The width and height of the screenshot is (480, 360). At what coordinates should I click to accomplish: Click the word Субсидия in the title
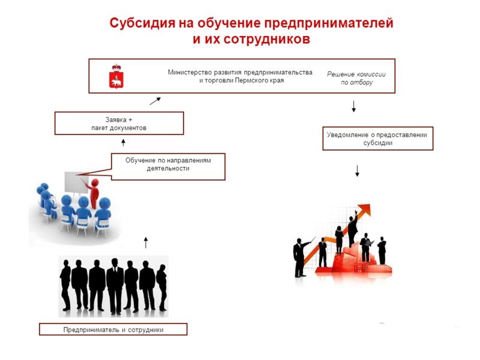(x=142, y=23)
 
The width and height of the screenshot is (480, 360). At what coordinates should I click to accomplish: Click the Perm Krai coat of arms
(x=116, y=77)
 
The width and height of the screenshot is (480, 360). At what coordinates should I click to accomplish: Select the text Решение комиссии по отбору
(x=356, y=78)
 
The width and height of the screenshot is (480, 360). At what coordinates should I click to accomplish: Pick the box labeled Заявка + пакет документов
(x=119, y=124)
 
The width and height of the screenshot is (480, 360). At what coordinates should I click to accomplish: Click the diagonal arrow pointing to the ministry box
(x=155, y=101)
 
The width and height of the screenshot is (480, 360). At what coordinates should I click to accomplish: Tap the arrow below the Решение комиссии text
(x=354, y=106)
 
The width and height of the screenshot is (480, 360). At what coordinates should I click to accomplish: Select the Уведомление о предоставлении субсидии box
(x=378, y=139)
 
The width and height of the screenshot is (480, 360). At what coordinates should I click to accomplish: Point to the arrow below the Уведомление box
(x=357, y=171)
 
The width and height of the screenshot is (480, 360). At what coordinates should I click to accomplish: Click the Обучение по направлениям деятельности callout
(x=168, y=167)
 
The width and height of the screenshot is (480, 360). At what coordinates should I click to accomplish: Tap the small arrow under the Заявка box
(x=124, y=143)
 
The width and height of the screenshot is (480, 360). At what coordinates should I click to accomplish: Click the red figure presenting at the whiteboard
(x=94, y=193)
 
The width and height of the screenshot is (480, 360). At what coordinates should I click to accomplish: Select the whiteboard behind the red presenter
(x=76, y=182)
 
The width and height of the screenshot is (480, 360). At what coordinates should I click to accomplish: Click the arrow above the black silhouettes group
(x=146, y=242)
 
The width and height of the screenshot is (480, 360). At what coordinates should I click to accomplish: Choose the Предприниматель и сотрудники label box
(x=113, y=329)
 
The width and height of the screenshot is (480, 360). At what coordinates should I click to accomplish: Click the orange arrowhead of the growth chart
(x=364, y=211)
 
